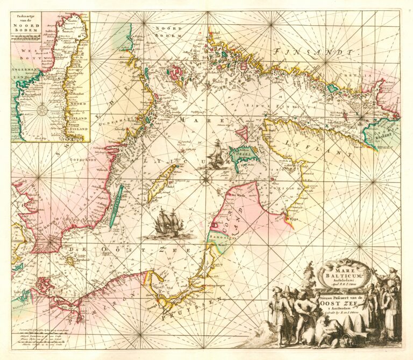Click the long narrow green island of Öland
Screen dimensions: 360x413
click(116, 206)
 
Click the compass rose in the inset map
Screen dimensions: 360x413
click(42, 110)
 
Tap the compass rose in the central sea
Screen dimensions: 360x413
click(206, 179)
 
